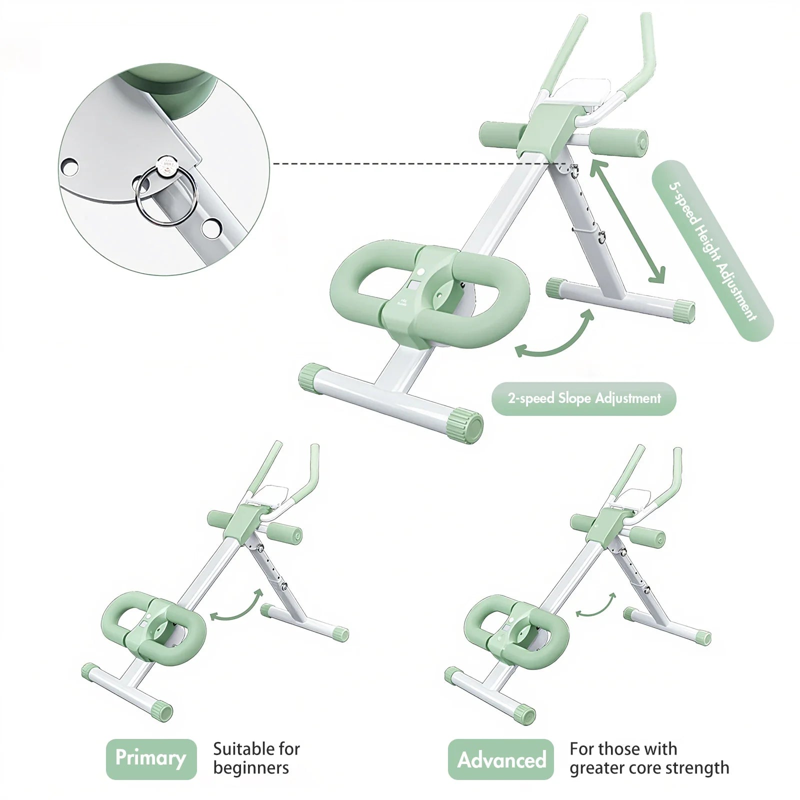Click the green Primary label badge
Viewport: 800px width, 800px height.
point(151,759)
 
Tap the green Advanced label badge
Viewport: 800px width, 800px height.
point(500,759)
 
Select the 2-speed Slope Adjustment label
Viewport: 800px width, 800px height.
point(583,398)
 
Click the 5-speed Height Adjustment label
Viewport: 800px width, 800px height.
point(712,251)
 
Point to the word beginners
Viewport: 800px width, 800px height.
point(251,768)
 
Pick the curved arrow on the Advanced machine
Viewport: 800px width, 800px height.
point(596,605)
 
